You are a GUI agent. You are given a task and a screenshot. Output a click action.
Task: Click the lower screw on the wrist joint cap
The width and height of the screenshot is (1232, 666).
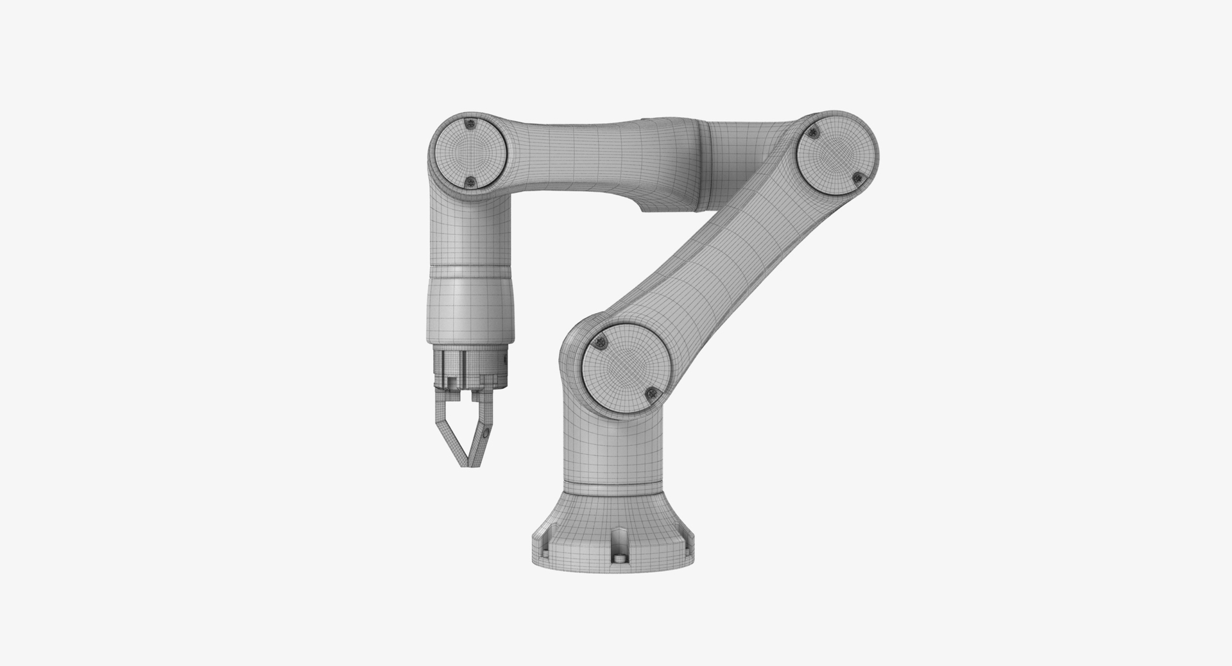click(470, 182)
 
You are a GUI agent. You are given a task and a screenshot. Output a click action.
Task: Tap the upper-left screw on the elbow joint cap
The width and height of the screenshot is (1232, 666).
click(814, 133)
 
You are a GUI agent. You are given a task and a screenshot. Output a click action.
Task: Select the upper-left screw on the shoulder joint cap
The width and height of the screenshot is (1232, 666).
click(601, 343)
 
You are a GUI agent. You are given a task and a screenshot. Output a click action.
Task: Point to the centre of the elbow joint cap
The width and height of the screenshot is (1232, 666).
click(835, 156)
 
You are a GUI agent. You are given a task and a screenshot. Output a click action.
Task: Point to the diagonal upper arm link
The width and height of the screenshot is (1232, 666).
click(712, 257)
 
